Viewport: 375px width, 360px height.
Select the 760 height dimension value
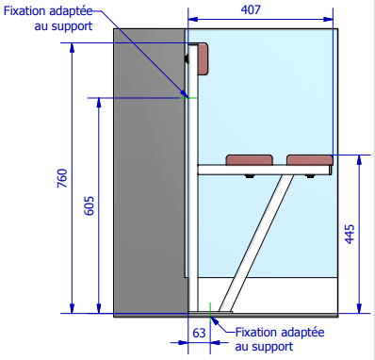62,178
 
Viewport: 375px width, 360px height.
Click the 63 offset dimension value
198,333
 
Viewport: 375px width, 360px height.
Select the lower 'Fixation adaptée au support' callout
279,339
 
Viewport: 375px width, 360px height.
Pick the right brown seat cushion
309,161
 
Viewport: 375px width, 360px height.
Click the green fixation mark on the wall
187,96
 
